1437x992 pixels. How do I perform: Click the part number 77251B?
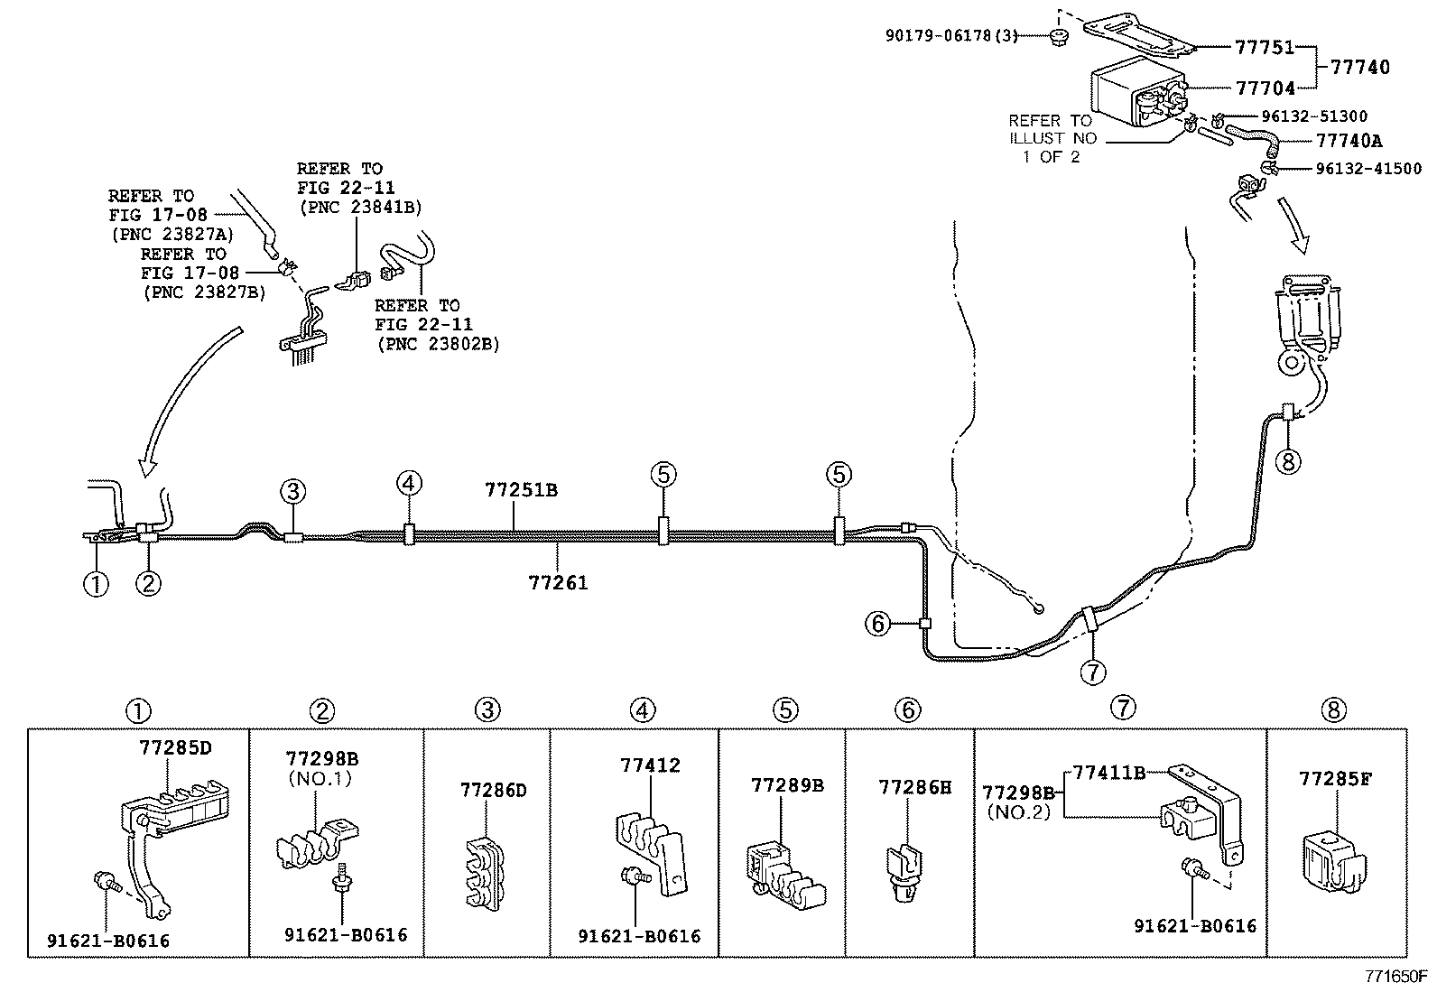click(521, 491)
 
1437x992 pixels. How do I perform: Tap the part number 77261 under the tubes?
click(558, 583)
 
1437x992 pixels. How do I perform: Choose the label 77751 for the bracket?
click(1265, 48)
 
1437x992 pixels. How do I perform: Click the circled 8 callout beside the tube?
click(1288, 461)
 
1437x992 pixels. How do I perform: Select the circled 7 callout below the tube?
click(1093, 672)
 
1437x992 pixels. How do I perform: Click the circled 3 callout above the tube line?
click(292, 492)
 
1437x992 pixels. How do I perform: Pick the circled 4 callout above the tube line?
click(408, 484)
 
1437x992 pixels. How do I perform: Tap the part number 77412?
click(650, 766)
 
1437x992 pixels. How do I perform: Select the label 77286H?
click(914, 788)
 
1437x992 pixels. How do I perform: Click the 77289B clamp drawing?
click(783, 872)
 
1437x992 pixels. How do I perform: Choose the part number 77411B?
click(1108, 773)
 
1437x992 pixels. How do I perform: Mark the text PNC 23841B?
click(359, 207)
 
